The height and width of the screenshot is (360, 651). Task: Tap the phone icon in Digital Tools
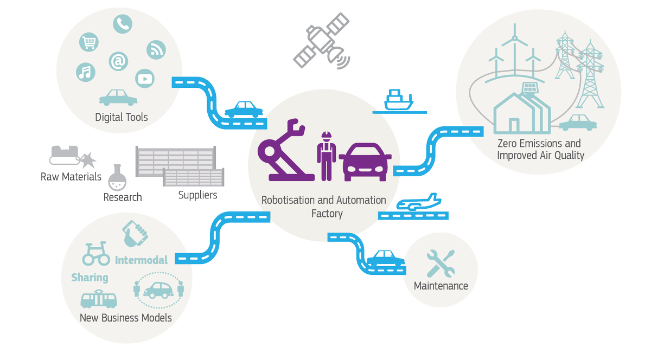tap(123, 24)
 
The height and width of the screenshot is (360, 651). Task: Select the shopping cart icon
tap(88, 42)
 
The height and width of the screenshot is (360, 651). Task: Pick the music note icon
tap(85, 72)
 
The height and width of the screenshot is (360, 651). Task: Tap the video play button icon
tap(145, 79)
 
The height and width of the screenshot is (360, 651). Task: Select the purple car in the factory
tap(365, 161)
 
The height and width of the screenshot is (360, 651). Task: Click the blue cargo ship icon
tap(398, 100)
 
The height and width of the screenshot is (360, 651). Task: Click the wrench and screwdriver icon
tap(440, 264)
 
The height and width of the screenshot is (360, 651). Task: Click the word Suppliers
tap(197, 195)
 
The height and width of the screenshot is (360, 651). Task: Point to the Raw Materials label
tap(71, 177)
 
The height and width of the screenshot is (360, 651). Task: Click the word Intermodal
tap(141, 260)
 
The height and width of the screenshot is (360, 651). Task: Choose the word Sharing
tap(90, 278)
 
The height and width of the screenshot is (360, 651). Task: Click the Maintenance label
tap(441, 286)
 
